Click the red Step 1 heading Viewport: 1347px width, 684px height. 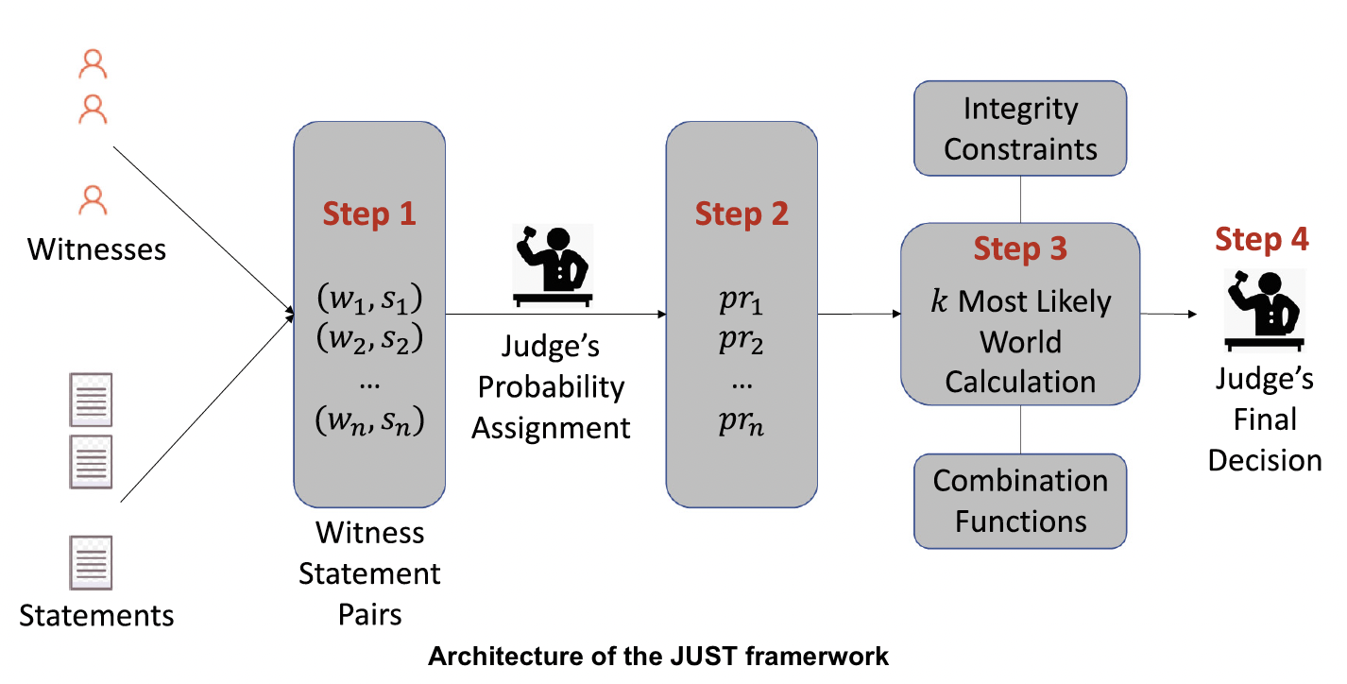coord(369,214)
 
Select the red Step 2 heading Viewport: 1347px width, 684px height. coord(742,214)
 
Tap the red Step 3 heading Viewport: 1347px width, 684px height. coord(1020,248)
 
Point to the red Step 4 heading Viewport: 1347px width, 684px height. coord(1262,239)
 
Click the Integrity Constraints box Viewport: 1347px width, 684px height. coord(1020,128)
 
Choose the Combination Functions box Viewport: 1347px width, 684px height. coord(1020,501)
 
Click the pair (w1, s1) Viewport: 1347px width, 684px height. coord(369,299)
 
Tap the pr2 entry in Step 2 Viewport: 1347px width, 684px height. coord(742,340)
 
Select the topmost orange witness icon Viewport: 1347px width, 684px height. coord(93,64)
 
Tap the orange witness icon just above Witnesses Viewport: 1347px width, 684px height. coord(93,201)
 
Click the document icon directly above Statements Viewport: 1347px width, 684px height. coord(91,563)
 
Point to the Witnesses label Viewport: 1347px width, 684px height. coord(96,249)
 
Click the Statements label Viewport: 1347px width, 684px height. coord(96,616)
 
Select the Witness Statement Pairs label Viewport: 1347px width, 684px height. coord(369,573)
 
